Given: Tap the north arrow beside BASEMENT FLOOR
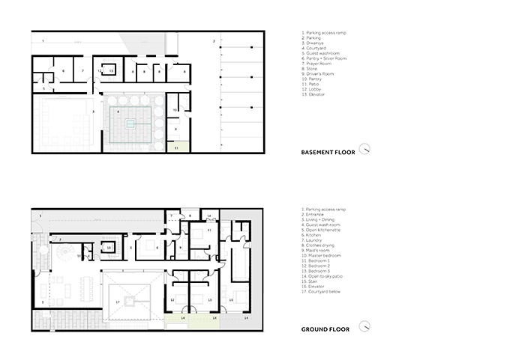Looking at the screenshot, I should tap(364, 148).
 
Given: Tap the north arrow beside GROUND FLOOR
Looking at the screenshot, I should tap(364, 327).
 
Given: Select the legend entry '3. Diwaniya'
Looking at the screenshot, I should tap(314, 43).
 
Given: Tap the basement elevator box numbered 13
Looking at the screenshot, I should tap(110, 70).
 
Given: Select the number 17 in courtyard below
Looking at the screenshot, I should tap(118, 302).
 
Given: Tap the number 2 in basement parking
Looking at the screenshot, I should tap(214, 40).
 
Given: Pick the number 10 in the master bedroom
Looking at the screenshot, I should tap(231, 299).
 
